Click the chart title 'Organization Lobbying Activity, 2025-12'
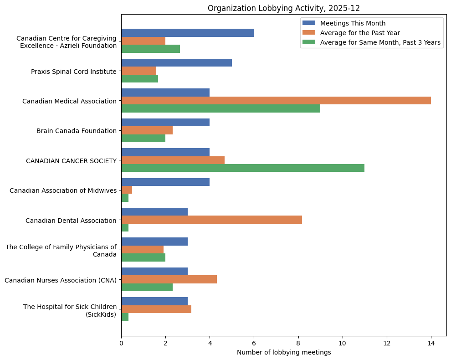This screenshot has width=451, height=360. [283, 8]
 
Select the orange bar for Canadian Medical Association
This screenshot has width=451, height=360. [276, 101]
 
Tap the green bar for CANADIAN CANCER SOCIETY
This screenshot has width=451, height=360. [243, 168]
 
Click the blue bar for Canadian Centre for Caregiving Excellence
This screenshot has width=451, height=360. [187, 33]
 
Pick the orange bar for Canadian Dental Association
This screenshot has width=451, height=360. [211, 220]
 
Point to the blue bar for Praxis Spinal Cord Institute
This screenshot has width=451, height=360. [176, 62]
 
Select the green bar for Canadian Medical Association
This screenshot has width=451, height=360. [220, 108]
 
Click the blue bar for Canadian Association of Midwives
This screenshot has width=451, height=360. [165, 182]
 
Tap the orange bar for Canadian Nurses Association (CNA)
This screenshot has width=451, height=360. [169, 279]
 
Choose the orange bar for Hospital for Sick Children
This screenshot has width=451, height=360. [156, 309]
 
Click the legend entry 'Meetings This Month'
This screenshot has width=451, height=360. [353, 23]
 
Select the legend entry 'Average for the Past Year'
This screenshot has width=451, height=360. [360, 33]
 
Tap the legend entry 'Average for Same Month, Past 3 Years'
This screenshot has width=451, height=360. [380, 42]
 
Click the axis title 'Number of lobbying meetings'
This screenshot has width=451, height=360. [284, 352]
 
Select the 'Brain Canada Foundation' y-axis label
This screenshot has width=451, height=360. [76, 131]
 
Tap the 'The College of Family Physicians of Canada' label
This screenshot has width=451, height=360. [61, 251]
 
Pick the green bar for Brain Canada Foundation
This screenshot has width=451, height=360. [143, 138]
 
